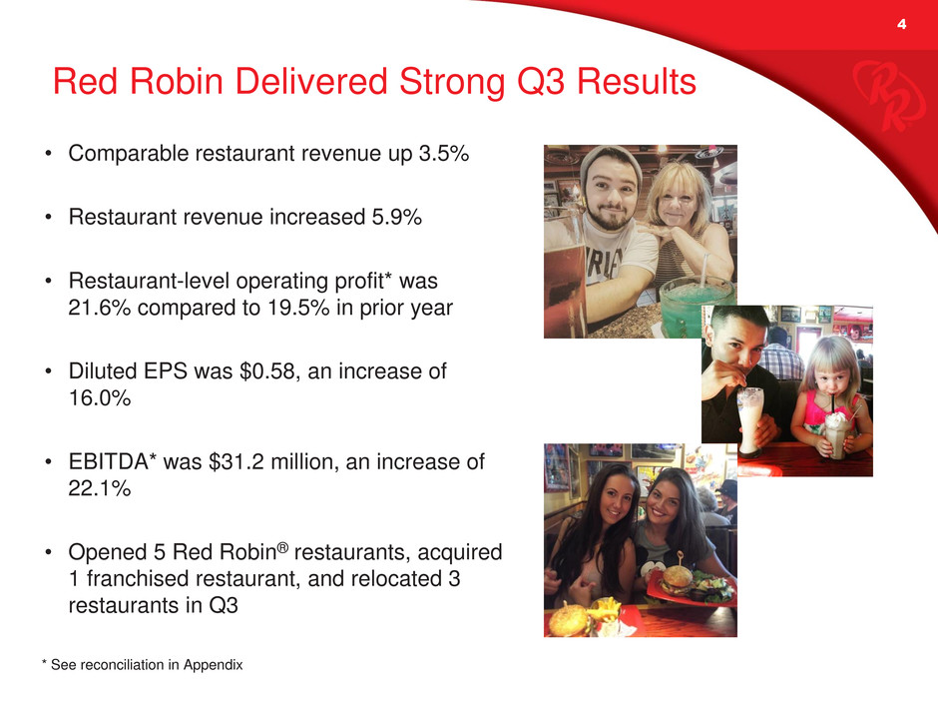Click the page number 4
tap(901, 24)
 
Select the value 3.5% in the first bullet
tap(443, 153)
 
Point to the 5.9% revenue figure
tap(396, 217)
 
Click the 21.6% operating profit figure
tap(100, 308)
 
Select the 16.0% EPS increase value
tap(100, 398)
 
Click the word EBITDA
tap(109, 461)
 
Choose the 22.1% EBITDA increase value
tap(100, 488)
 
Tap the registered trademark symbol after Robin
tap(283, 547)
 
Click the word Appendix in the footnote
tap(213, 665)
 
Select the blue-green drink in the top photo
tap(697, 307)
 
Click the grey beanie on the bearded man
tap(609, 161)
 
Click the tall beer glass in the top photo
tap(565, 273)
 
